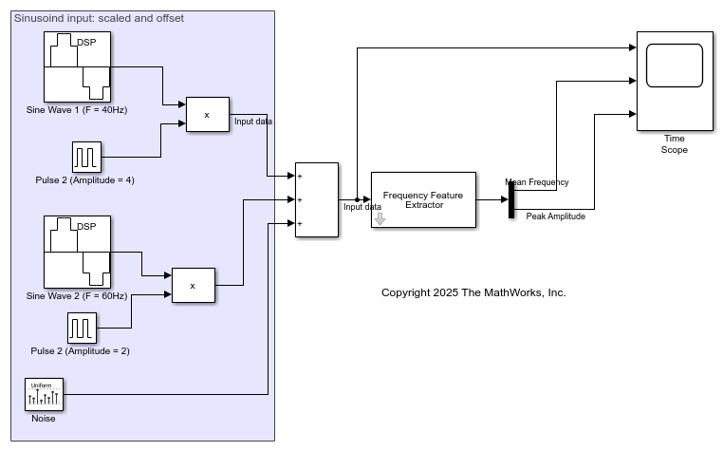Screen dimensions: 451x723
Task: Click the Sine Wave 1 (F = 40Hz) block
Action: coord(77,66)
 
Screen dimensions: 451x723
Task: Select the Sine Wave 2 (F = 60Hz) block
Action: coord(77,251)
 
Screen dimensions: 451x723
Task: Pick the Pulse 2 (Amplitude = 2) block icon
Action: coord(82,328)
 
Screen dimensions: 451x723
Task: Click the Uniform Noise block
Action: coord(44,393)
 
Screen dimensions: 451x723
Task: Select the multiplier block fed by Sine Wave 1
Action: coord(208,115)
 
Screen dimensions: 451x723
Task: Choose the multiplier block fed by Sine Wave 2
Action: coord(193,285)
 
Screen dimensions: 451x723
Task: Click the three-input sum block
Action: coord(316,199)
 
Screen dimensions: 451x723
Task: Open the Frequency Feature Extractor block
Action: coord(423,199)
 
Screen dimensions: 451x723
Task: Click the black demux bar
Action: coord(510,199)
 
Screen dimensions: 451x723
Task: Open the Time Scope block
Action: coord(675,80)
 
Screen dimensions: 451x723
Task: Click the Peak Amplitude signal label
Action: coord(555,216)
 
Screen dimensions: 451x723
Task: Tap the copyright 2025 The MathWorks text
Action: coord(473,292)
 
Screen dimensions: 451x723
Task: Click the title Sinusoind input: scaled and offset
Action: coord(100,18)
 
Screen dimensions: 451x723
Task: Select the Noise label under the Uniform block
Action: coord(44,419)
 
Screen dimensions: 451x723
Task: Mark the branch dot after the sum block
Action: coord(357,199)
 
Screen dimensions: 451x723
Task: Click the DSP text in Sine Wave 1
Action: coord(86,42)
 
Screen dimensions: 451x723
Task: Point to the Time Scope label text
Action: coord(675,144)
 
